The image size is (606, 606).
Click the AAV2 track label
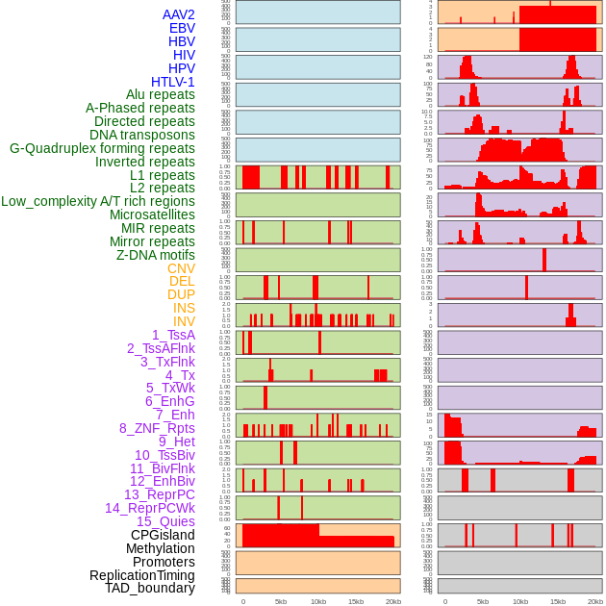[x=179, y=14]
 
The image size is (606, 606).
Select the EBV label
[x=182, y=28]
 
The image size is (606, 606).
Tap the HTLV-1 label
[x=173, y=82]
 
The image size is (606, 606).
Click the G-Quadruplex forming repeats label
[x=102, y=148]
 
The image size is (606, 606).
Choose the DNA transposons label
[x=142, y=135]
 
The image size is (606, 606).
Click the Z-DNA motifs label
[x=156, y=255]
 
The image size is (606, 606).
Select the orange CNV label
[x=181, y=268]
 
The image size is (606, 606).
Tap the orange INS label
[x=184, y=308]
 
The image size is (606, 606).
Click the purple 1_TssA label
[x=173, y=335]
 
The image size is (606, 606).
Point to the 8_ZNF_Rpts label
[x=157, y=428]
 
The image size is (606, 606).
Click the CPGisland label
[x=163, y=535]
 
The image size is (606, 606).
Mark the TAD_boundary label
[x=149, y=588]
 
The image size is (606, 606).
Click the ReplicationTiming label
[x=142, y=575]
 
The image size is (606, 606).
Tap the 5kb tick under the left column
[x=281, y=601]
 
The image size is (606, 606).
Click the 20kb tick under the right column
[x=595, y=601]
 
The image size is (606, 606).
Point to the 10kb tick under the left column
[x=318, y=601]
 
